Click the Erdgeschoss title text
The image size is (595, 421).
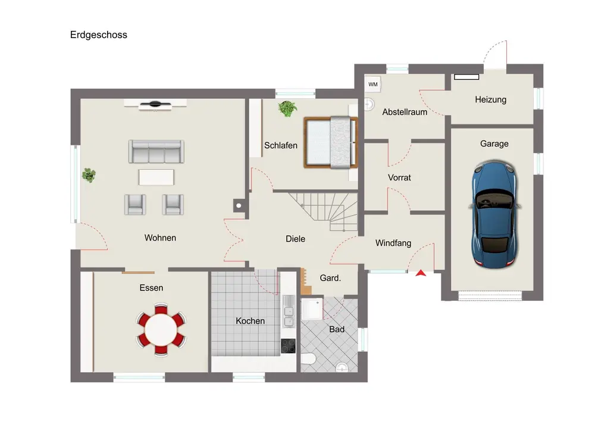pyautogui.click(x=99, y=35)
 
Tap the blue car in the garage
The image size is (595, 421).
pyautogui.click(x=495, y=214)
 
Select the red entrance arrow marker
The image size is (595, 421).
pyautogui.click(x=421, y=273)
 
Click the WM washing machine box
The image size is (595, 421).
pyautogui.click(x=373, y=85)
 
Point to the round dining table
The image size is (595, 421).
pyautogui.click(x=161, y=329)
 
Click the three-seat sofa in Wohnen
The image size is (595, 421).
pyautogui.click(x=156, y=151)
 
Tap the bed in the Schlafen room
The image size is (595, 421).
pyautogui.click(x=331, y=142)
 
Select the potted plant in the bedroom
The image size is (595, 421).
pyautogui.click(x=287, y=108)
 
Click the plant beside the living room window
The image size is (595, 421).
pyautogui.click(x=89, y=175)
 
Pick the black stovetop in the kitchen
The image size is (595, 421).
pyautogui.click(x=288, y=346)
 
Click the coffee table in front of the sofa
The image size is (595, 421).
pyautogui.click(x=156, y=177)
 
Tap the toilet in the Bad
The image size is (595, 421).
pyautogui.click(x=308, y=358)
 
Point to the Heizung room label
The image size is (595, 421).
pyautogui.click(x=491, y=99)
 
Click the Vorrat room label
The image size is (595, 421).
pyautogui.click(x=399, y=177)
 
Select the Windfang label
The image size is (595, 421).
pyautogui.click(x=393, y=243)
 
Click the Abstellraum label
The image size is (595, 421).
pyautogui.click(x=405, y=112)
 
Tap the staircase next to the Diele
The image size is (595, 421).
pyautogui.click(x=324, y=211)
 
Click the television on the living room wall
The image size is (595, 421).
pyautogui.click(x=155, y=104)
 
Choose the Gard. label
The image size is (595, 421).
pyautogui.click(x=330, y=278)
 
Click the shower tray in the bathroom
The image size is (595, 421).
pyautogui.click(x=312, y=308)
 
